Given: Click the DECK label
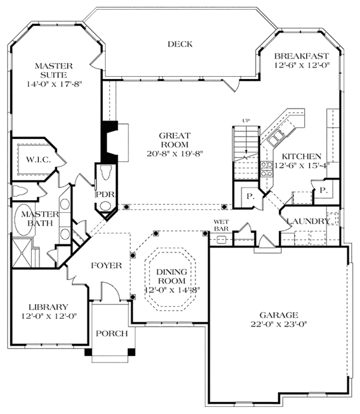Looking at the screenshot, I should tap(179, 44).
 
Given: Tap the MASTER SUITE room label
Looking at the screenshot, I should tap(53, 70).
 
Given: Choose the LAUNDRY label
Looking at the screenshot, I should tap(308, 221).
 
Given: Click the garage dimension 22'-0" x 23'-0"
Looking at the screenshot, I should tap(280, 326).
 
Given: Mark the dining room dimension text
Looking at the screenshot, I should tap(171, 290).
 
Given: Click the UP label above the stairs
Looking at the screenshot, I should tap(244, 120).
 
